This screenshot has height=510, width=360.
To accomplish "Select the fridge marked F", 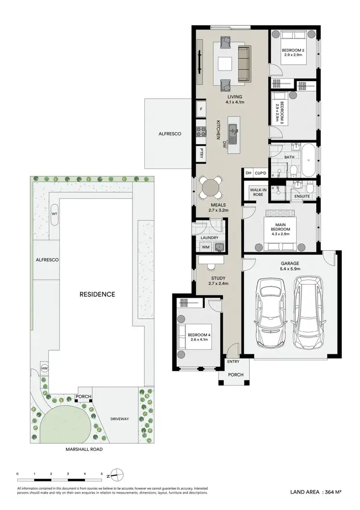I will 201,109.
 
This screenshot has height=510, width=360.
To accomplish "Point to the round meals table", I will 209,187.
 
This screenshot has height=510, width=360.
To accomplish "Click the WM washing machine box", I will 205,247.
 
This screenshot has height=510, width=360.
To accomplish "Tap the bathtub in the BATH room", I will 308,161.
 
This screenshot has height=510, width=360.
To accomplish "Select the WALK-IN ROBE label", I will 255,193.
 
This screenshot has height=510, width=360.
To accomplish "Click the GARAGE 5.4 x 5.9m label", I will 290,266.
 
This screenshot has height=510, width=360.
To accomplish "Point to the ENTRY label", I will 233,362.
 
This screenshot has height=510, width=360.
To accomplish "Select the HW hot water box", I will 45,368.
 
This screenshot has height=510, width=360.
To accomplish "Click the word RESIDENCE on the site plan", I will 97,294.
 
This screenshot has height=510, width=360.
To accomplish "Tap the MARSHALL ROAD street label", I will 84,450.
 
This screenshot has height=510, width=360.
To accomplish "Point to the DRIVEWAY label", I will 119,419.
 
